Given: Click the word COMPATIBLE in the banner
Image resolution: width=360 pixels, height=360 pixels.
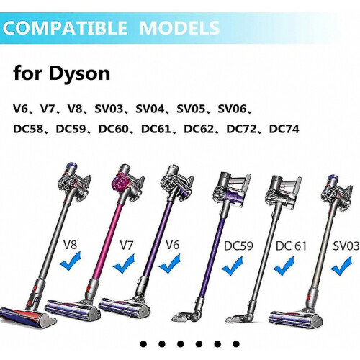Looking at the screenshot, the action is click(x=65, y=28).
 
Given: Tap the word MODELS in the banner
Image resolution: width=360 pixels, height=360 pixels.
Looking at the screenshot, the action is click(x=179, y=28).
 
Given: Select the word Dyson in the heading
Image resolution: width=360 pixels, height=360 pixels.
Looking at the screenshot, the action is click(x=79, y=74).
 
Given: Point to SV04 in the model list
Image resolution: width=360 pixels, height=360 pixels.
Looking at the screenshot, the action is click(x=150, y=109).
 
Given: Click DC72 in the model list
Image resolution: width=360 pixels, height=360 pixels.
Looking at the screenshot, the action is click(x=241, y=129).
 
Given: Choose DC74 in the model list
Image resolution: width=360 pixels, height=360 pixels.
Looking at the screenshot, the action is click(x=284, y=129).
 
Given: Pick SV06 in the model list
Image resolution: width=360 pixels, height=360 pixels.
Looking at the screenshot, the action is click(x=232, y=109).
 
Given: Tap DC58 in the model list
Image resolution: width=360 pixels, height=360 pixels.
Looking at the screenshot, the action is click(x=28, y=129).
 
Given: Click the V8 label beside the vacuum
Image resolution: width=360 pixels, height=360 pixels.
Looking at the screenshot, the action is click(x=70, y=246).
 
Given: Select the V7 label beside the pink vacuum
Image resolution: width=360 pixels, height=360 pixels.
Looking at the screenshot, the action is click(x=127, y=246).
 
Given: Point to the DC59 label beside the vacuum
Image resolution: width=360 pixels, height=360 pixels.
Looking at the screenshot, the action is click(x=238, y=246).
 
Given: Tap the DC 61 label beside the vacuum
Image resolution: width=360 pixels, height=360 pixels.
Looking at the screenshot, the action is click(x=291, y=246).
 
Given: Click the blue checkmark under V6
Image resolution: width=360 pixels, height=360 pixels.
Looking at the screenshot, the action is click(x=170, y=265).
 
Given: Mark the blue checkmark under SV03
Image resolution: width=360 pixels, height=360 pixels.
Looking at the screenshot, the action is click(x=341, y=266).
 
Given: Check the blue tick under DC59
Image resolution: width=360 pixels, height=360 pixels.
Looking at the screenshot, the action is click(x=232, y=266).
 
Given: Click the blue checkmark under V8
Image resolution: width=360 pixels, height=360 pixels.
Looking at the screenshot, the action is click(x=70, y=261).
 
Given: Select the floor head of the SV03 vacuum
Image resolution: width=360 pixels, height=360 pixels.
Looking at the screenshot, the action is click(x=300, y=318).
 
